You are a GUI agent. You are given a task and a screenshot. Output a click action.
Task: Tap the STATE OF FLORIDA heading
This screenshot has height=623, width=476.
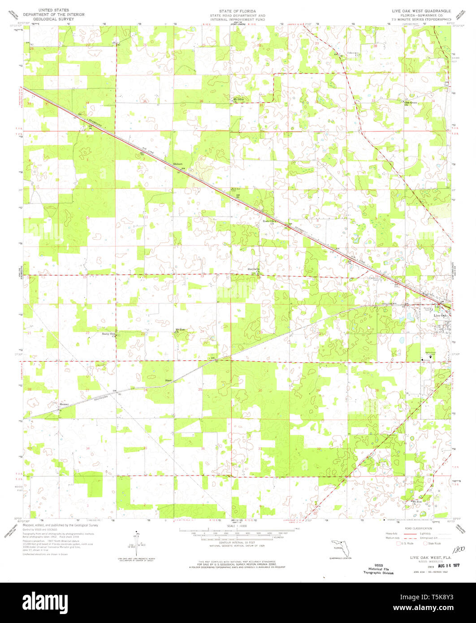238,9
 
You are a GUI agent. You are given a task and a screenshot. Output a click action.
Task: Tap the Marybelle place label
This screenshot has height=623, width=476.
254,269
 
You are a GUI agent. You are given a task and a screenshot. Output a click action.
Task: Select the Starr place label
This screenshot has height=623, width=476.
168,381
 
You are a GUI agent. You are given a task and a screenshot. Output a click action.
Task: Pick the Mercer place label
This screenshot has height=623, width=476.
65,404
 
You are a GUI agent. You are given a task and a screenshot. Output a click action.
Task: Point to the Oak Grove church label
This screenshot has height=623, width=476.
411,102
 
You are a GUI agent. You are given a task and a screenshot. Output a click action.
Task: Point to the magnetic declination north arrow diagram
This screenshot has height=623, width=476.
136,540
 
